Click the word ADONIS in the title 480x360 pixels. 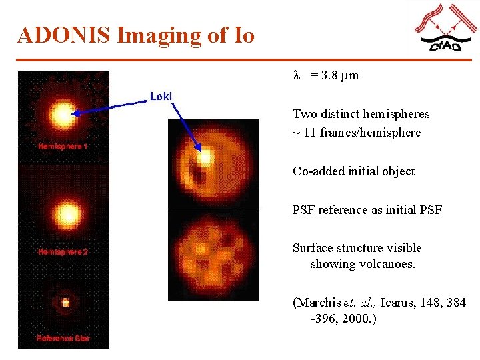(x=64, y=35)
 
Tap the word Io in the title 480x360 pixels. (x=243, y=35)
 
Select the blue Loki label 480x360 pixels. (x=161, y=97)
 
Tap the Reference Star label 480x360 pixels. (x=63, y=339)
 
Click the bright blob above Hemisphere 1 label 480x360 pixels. (x=64, y=114)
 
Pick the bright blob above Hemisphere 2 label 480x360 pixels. (x=66, y=213)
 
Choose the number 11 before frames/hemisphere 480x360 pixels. (x=310, y=133)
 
